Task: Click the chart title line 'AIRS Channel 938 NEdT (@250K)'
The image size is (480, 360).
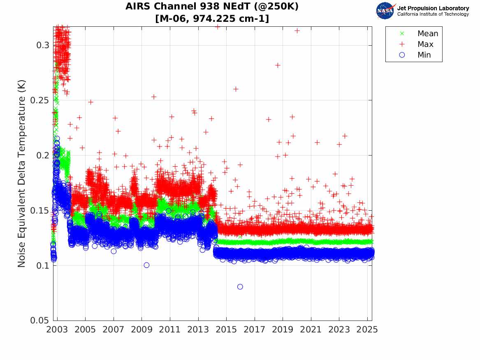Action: pyautogui.click(x=212, y=7)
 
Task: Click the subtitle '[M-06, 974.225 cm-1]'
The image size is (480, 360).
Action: pyautogui.click(x=212, y=19)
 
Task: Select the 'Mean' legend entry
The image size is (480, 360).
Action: pyautogui.click(x=427, y=34)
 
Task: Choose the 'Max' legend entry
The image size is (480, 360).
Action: pyautogui.click(x=425, y=44)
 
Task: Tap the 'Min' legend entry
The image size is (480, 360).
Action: pyautogui.click(x=424, y=55)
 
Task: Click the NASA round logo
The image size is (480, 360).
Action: pyautogui.click(x=385, y=11)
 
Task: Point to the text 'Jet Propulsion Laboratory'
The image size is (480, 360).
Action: pyautogui.click(x=433, y=8)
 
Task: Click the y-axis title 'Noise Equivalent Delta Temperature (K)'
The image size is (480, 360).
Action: pyautogui.click(x=22, y=173)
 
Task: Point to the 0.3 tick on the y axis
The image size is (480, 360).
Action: pyautogui.click(x=42, y=45)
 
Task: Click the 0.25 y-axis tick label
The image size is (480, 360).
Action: pyautogui.click(x=39, y=100)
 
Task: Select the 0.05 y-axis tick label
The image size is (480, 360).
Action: pyautogui.click(x=39, y=321)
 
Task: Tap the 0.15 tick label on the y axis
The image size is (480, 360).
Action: pyautogui.click(x=39, y=210)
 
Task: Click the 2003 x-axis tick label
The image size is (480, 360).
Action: pyautogui.click(x=57, y=330)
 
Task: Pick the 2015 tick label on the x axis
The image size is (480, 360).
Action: pyautogui.click(x=226, y=330)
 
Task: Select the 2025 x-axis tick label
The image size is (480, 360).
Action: pyautogui.click(x=367, y=330)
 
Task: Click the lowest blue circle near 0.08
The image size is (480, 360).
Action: pyautogui.click(x=240, y=287)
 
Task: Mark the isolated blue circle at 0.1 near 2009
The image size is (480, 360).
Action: pyautogui.click(x=146, y=265)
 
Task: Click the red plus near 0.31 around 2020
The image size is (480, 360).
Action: pyautogui.click(x=297, y=30)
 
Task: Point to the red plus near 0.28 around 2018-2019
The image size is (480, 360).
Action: pyautogui.click(x=278, y=65)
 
